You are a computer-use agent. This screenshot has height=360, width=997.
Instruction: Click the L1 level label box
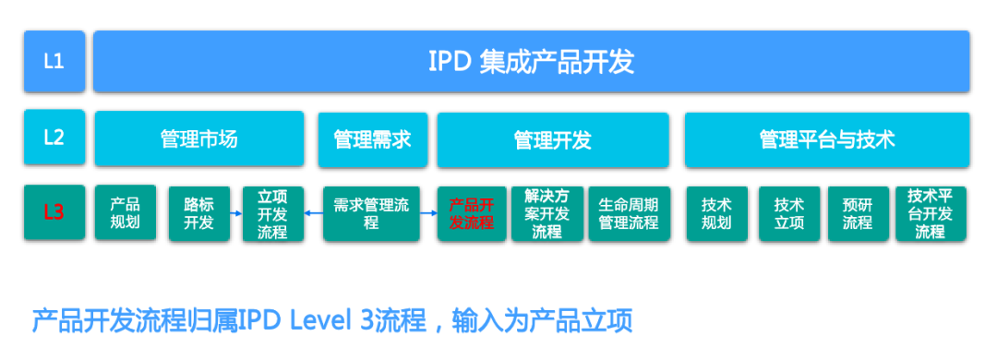point(54,62)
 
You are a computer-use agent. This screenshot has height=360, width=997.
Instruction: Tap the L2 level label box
point(54,138)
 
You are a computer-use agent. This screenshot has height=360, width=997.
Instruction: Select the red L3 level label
point(54,212)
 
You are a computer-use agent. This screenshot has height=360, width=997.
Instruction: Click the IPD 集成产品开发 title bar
point(532,62)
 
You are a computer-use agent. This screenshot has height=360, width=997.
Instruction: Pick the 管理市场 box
point(199,138)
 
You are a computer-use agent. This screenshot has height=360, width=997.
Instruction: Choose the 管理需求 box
point(373,140)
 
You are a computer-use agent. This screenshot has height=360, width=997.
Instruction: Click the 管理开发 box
point(553,140)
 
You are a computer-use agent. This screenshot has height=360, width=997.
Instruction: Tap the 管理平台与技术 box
point(827,140)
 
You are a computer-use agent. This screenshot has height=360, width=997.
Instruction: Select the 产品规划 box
point(126,212)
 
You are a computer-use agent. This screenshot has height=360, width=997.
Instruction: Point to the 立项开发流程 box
point(272,214)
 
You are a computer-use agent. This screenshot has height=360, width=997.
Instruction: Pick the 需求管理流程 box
point(371,214)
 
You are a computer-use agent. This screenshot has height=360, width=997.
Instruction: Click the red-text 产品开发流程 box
point(472,214)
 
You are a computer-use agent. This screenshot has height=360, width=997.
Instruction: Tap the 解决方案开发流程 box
point(547,214)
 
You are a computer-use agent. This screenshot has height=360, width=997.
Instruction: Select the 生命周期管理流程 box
point(629,214)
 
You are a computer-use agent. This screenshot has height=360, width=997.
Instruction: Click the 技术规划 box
point(716,214)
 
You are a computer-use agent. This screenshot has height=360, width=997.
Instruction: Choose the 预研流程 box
point(857,214)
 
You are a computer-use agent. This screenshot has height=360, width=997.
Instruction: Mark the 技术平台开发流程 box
point(931,214)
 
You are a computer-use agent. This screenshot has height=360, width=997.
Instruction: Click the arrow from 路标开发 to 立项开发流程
point(236,214)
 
